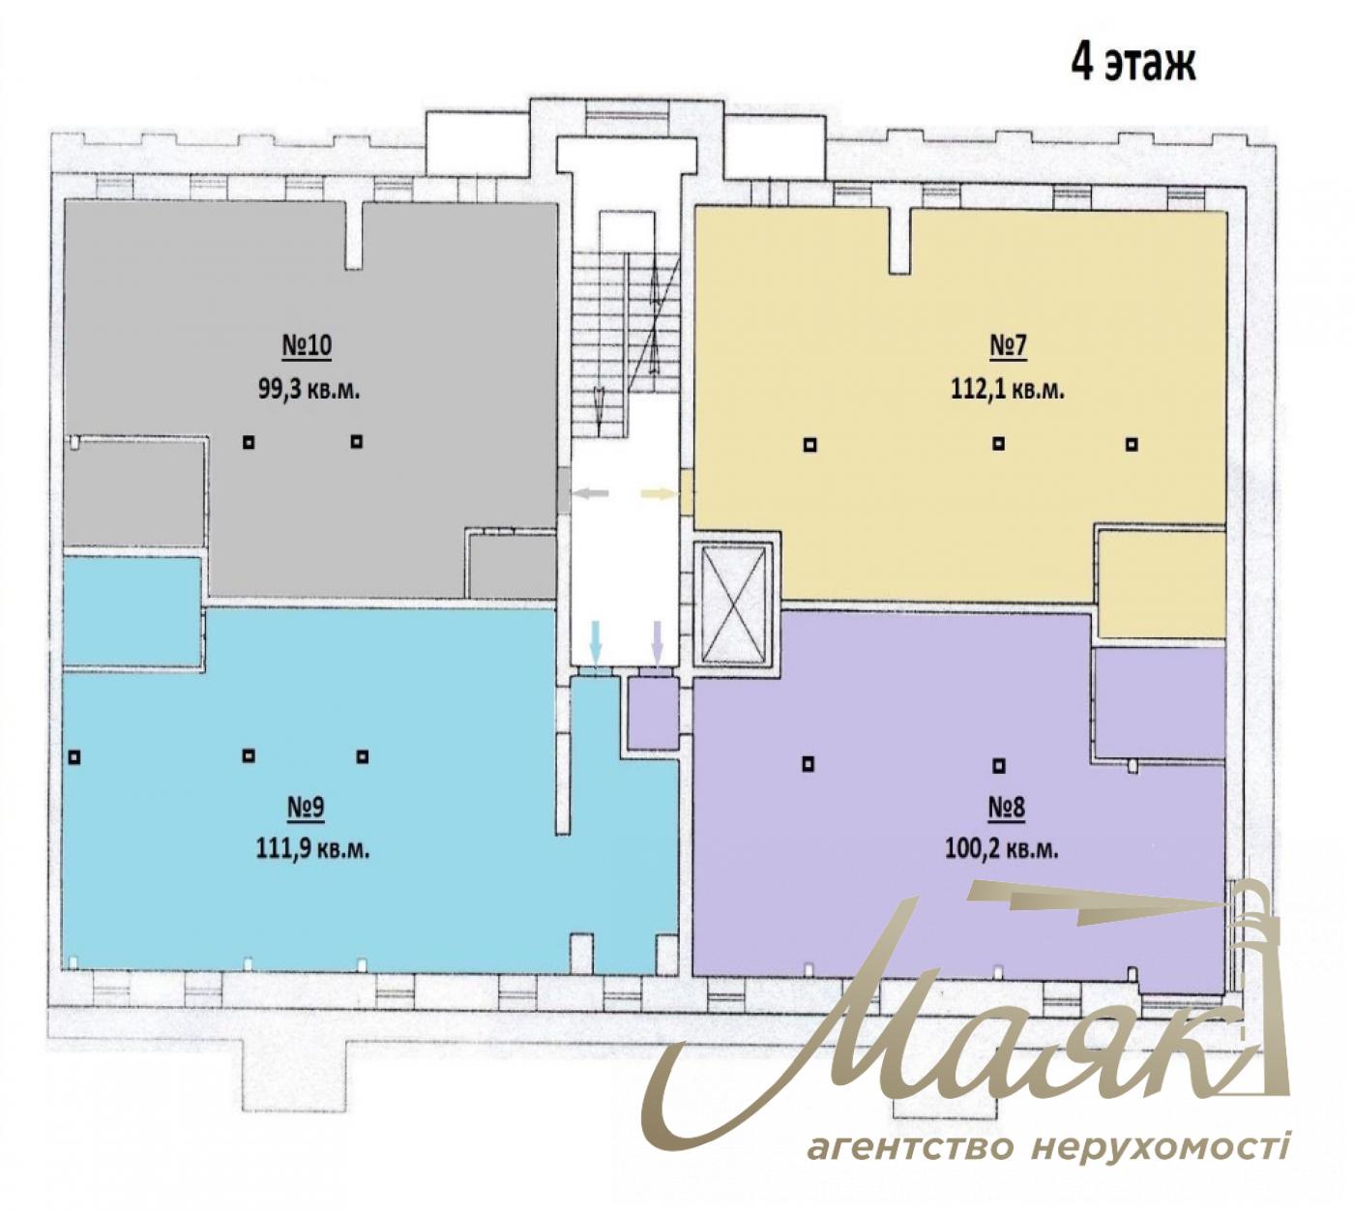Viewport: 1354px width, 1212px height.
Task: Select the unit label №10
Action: (x=307, y=347)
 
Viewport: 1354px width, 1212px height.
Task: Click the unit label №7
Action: (x=1007, y=347)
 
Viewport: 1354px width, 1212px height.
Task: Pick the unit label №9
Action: (x=306, y=807)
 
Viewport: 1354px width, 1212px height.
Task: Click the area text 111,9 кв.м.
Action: (x=312, y=848)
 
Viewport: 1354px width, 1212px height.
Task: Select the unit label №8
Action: (x=1006, y=807)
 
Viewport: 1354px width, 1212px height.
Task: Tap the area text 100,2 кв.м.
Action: (x=1001, y=848)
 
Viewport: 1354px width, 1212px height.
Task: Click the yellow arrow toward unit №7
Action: (x=659, y=494)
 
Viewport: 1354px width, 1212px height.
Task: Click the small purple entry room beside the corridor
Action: (x=653, y=713)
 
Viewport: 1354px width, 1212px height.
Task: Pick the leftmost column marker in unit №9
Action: (x=74, y=756)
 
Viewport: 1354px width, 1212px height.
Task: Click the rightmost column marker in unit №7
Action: (x=1131, y=444)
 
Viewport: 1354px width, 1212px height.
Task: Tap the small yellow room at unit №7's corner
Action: (x=1162, y=583)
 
